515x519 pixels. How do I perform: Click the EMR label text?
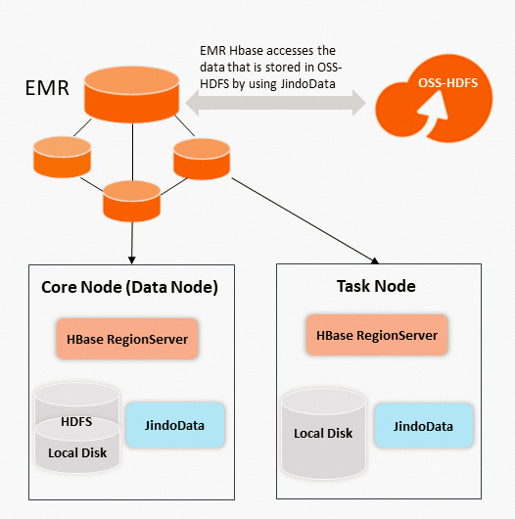point(46,90)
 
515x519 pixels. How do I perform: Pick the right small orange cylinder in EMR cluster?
point(201,158)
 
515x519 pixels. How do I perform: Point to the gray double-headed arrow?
point(276,104)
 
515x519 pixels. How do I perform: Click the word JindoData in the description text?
point(308,85)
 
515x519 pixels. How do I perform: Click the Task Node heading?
point(369,286)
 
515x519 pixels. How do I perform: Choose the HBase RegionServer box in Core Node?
point(127,341)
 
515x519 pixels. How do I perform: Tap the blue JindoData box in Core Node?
point(176,426)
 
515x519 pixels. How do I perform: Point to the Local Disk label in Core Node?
point(76,452)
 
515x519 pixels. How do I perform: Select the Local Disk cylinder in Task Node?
point(323,432)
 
